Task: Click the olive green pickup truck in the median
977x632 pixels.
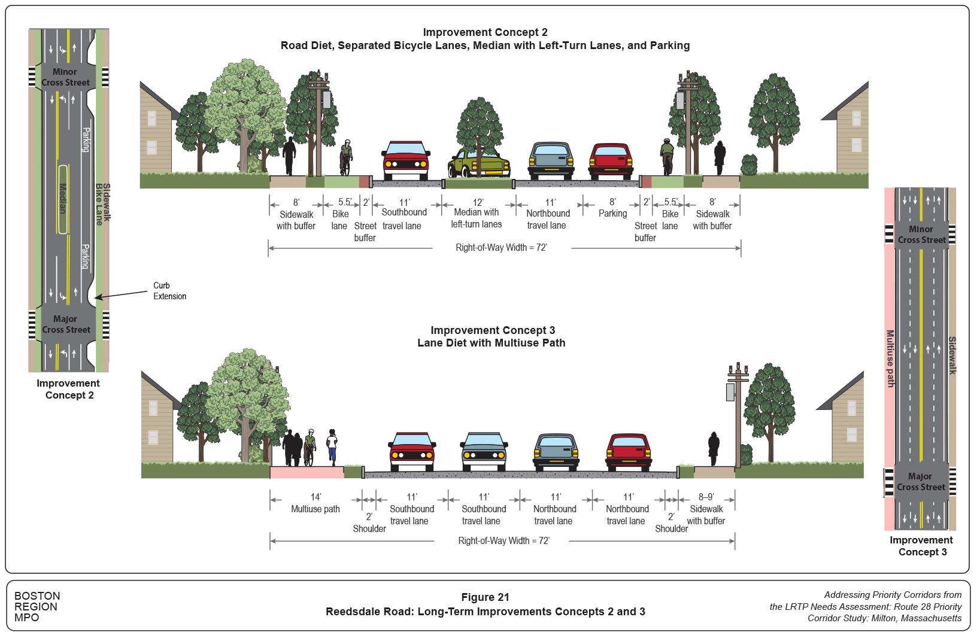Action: [479, 165]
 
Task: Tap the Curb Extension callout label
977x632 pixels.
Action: [169, 291]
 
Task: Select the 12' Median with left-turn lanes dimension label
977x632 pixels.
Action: [477, 214]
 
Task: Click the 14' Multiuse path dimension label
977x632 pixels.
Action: [315, 503]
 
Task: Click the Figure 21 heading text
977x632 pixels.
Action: [485, 597]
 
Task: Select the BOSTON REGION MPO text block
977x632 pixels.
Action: [37, 606]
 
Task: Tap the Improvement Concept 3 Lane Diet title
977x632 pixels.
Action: [492, 336]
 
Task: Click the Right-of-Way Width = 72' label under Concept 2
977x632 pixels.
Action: [501, 247]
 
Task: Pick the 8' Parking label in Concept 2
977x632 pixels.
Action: [612, 208]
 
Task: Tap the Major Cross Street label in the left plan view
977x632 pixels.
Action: [66, 324]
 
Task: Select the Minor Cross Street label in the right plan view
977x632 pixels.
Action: [921, 234]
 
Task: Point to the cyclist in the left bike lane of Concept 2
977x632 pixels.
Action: [346, 157]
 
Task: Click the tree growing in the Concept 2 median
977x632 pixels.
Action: [479, 129]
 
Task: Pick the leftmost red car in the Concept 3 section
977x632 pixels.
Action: [412, 452]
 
